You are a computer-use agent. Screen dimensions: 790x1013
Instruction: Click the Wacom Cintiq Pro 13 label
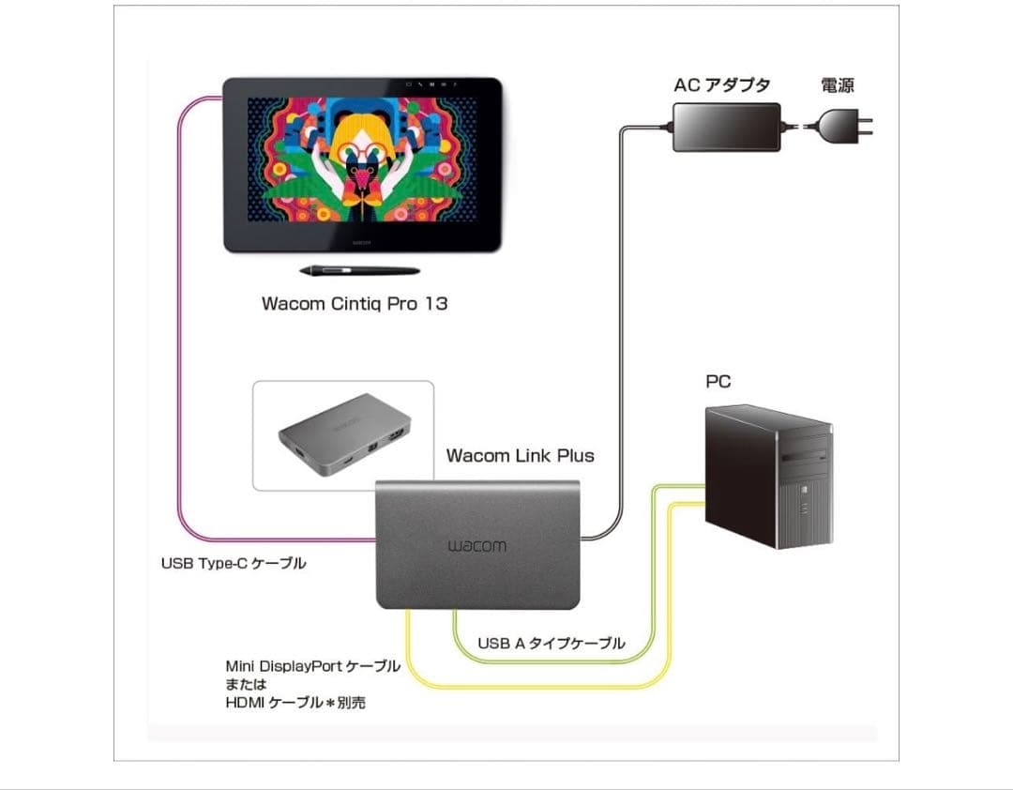pos(355,304)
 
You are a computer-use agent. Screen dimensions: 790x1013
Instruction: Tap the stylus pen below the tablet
pos(358,271)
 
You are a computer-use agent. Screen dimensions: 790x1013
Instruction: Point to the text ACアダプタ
pos(721,85)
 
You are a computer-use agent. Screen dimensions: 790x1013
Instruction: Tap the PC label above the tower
pos(718,382)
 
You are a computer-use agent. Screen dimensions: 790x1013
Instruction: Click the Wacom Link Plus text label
pos(520,456)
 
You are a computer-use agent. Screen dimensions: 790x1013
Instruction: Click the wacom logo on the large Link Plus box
pos(476,546)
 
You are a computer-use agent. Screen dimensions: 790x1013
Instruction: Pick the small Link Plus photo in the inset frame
pos(343,435)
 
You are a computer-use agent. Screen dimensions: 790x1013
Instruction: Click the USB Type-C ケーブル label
pos(234,564)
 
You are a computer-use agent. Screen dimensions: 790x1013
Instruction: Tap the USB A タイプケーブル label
pos(551,644)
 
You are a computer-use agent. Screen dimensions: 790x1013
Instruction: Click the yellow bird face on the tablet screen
pos(360,155)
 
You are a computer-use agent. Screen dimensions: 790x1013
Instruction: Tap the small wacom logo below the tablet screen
pos(364,241)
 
